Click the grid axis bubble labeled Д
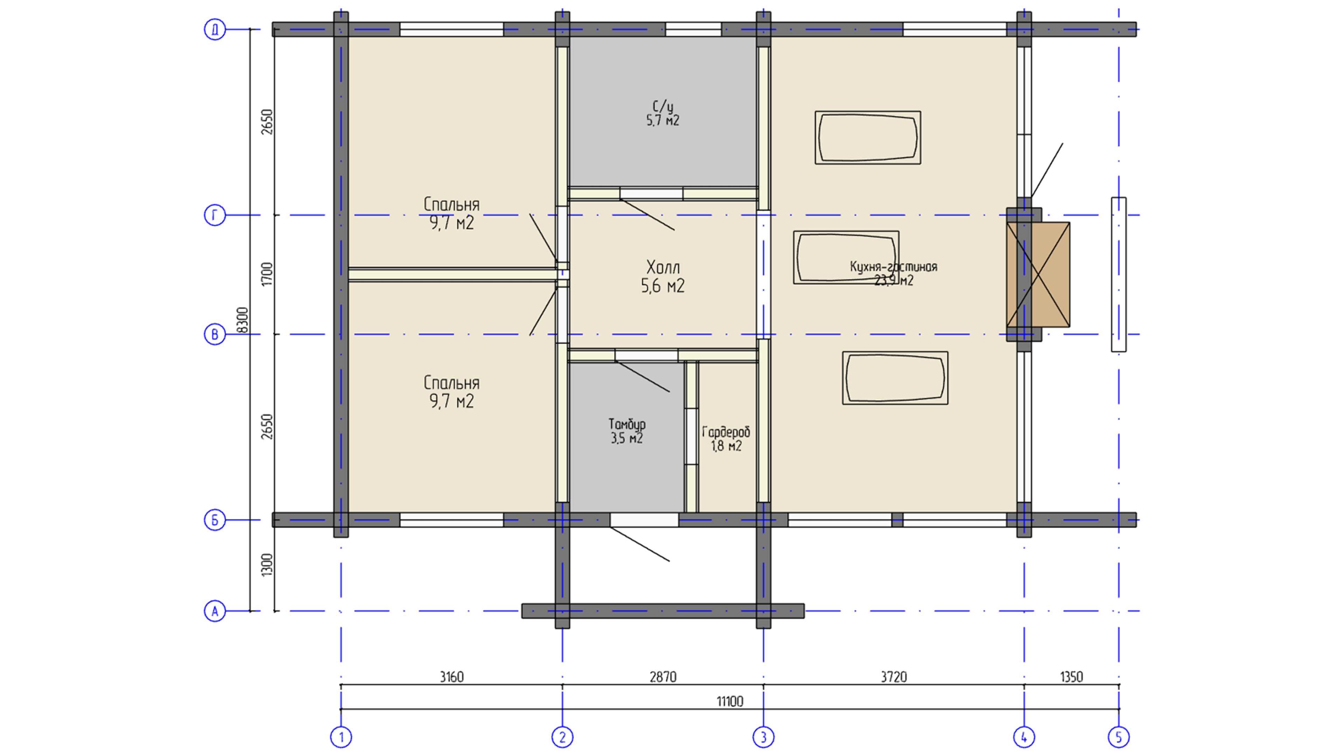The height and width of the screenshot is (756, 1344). (x=215, y=29)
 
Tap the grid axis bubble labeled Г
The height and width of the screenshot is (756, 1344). (x=215, y=215)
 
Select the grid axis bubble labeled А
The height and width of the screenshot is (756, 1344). (x=215, y=611)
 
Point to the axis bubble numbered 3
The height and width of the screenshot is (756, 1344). (x=763, y=737)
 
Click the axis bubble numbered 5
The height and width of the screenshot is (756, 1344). (x=1118, y=737)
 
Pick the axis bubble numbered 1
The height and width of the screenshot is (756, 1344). (x=341, y=737)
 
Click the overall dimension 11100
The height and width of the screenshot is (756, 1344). (x=729, y=701)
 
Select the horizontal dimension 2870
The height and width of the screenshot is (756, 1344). (x=663, y=677)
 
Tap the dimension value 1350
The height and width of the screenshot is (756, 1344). (x=1071, y=677)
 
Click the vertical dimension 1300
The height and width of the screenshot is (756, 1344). (x=267, y=565)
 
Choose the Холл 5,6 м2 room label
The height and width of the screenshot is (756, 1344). (x=663, y=276)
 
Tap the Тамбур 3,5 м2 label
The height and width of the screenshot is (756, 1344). (x=626, y=430)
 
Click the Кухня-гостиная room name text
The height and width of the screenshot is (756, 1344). (x=893, y=267)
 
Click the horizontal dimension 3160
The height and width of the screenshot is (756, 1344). (x=451, y=677)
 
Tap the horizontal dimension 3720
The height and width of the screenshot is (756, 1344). (x=894, y=677)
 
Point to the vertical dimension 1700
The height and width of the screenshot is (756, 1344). (x=267, y=274)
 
